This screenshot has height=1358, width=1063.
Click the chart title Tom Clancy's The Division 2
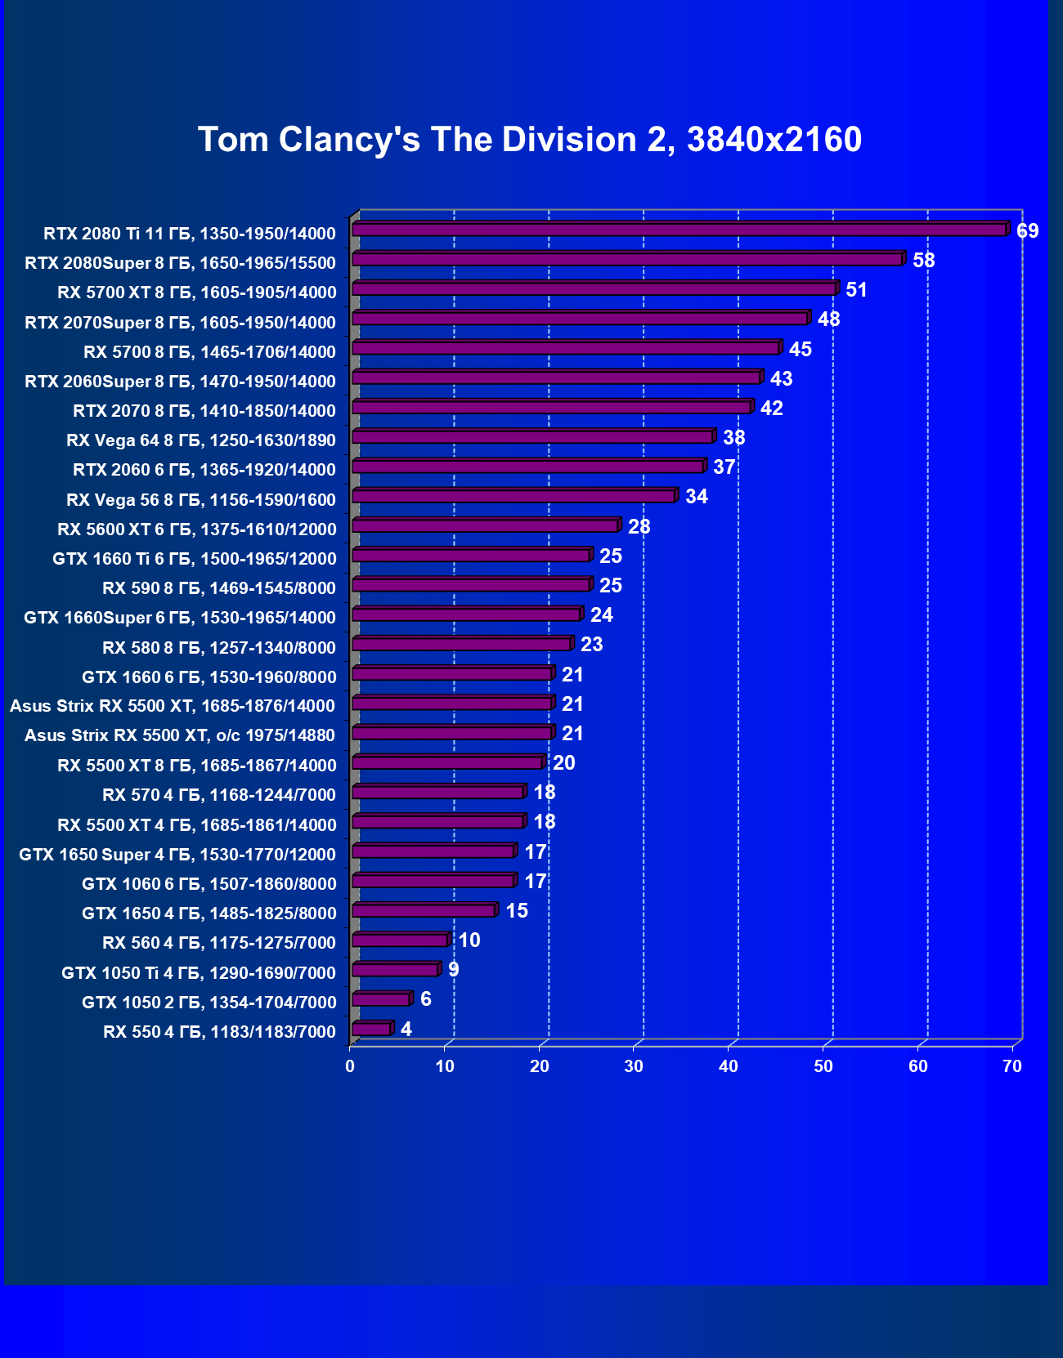click(530, 140)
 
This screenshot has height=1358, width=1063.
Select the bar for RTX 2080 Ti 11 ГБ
click(679, 230)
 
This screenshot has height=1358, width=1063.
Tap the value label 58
click(924, 261)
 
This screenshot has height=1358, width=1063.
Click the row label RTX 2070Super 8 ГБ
click(180, 323)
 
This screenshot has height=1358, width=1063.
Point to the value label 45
click(801, 349)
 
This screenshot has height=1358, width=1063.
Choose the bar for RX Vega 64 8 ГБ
click(532, 437)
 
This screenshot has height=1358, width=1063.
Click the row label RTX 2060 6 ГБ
click(204, 470)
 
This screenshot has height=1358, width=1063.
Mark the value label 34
click(697, 497)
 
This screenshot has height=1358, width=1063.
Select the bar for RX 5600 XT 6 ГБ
click(485, 525)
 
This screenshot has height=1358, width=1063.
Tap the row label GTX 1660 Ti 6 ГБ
click(195, 559)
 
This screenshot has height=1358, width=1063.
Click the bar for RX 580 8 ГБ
click(461, 644)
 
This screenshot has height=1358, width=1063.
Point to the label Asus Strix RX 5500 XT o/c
click(180, 735)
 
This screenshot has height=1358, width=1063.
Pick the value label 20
click(564, 763)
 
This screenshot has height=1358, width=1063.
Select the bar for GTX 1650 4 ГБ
click(424, 910)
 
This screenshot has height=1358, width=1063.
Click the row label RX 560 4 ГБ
click(219, 943)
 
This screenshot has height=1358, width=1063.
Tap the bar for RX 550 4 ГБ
click(371, 1029)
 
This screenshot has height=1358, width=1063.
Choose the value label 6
click(426, 999)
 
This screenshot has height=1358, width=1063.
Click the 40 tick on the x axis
click(729, 1066)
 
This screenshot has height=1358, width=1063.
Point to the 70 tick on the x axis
click(1012, 1066)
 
